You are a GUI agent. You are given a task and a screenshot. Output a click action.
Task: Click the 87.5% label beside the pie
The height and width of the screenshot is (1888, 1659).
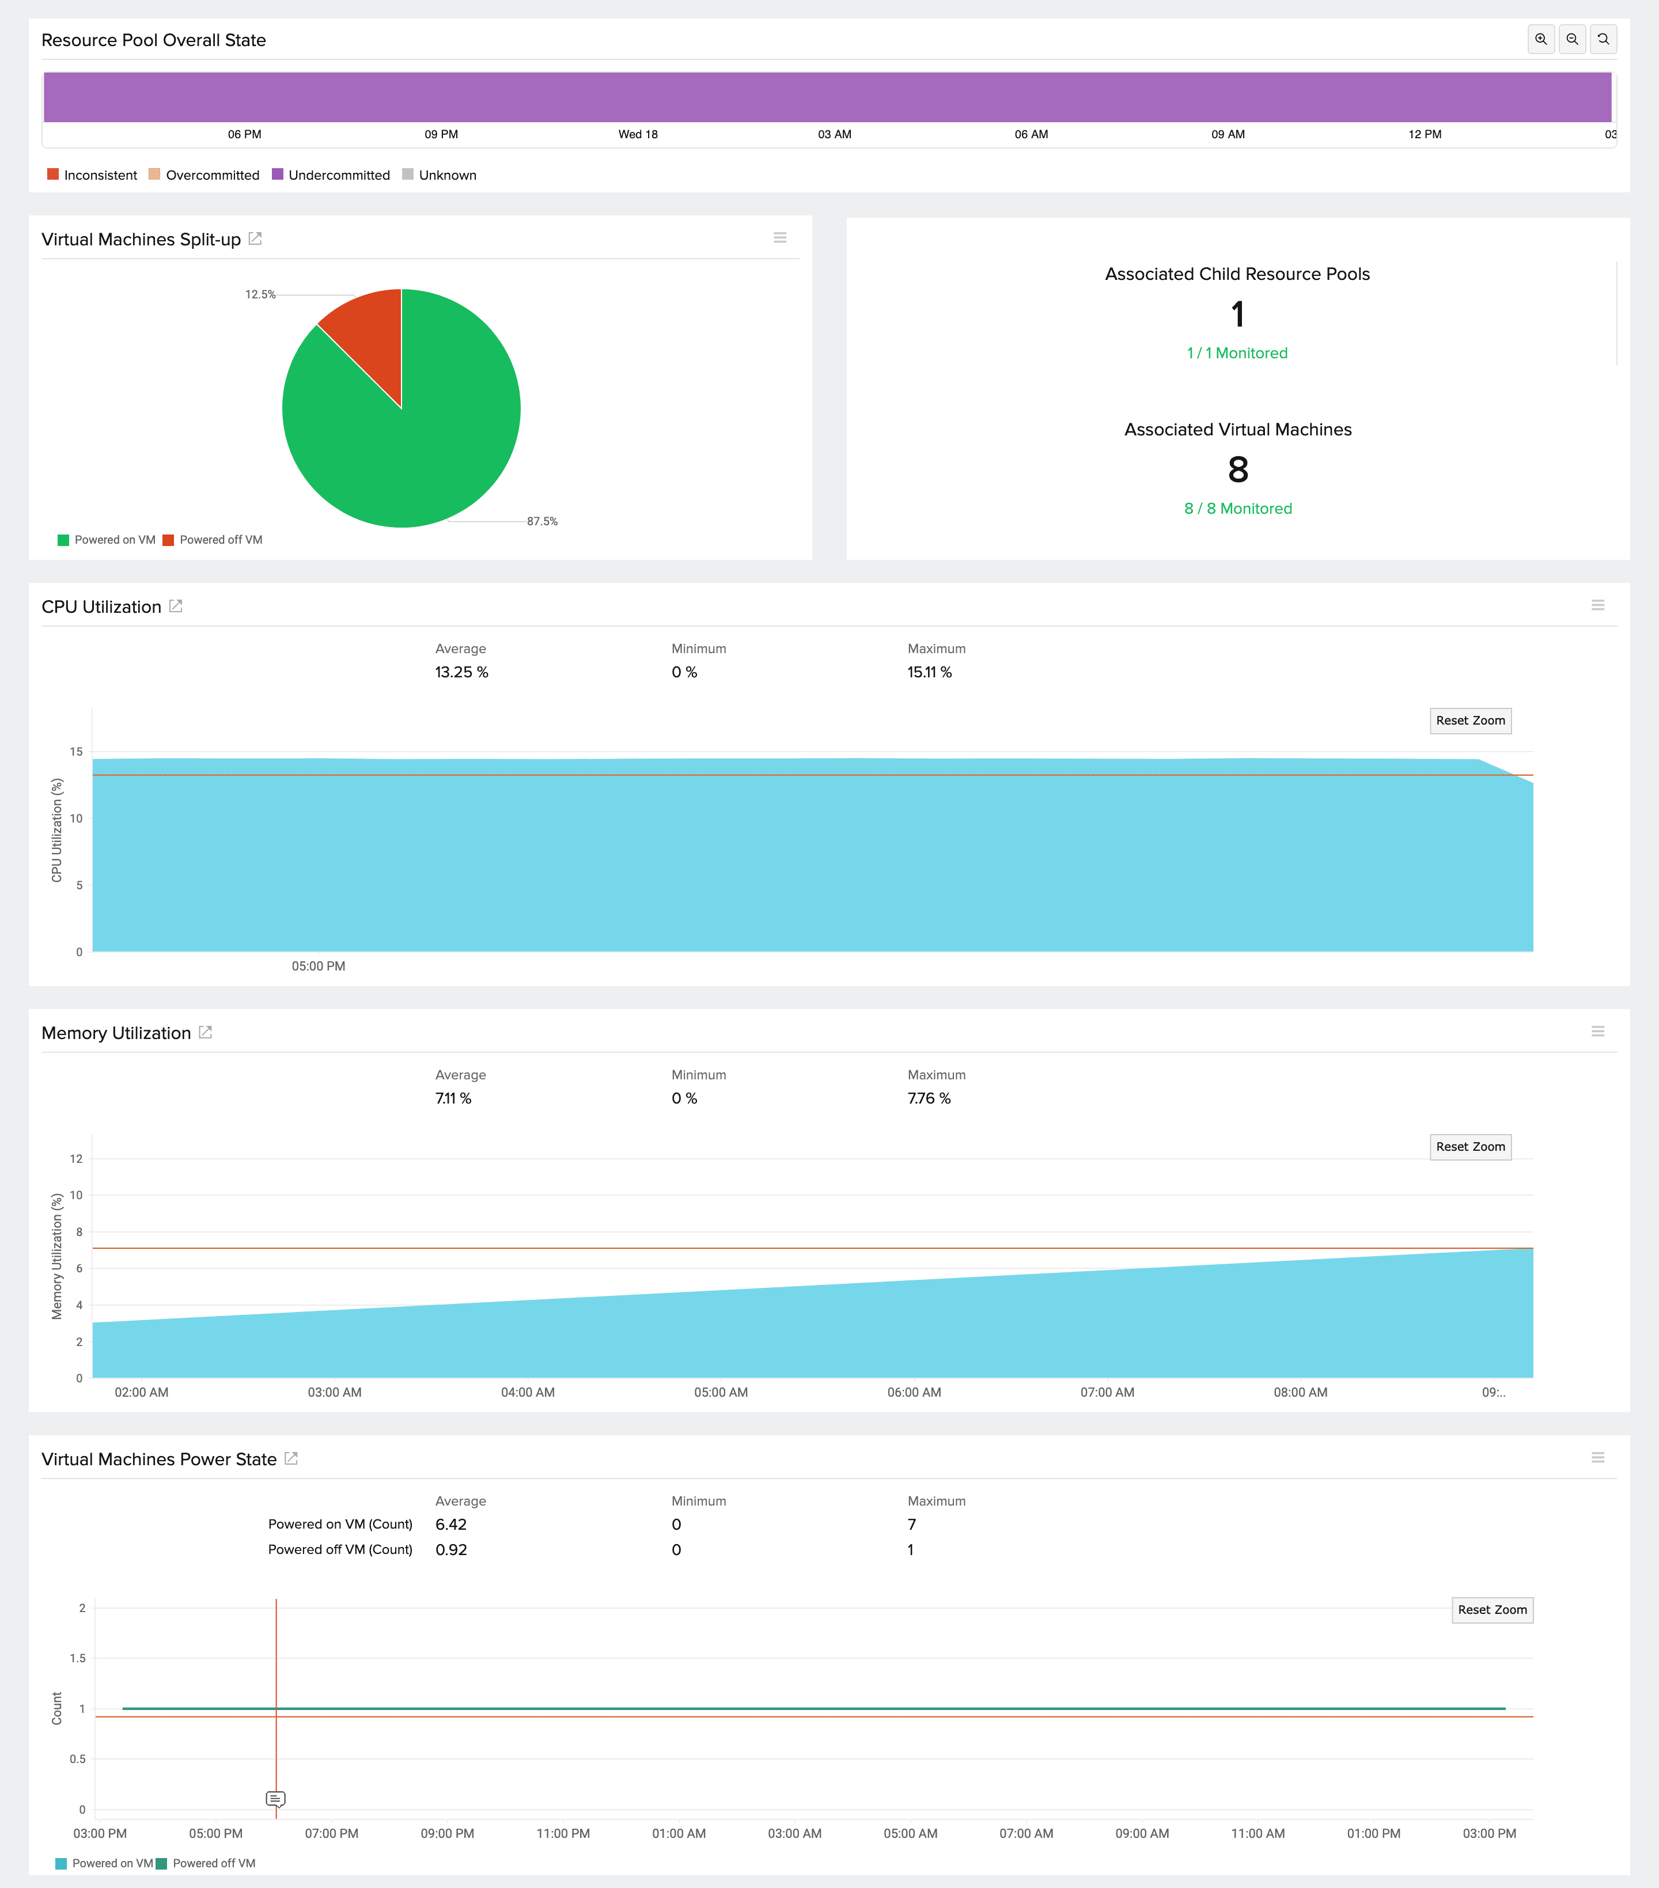click(542, 522)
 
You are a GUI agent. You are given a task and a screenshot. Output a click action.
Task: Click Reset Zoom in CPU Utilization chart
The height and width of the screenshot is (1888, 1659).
click(1469, 721)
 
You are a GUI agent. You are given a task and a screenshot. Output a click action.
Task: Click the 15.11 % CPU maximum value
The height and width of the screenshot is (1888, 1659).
click(929, 673)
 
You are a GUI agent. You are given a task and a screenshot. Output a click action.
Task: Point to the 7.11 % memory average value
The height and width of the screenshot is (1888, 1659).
click(453, 1098)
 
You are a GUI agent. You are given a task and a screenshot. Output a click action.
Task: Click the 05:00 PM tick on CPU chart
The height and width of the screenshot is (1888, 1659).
click(319, 966)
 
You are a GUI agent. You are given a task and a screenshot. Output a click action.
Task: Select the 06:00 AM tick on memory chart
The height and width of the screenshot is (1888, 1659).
click(914, 1392)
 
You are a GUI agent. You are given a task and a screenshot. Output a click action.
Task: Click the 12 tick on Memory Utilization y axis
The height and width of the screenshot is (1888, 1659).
click(75, 1159)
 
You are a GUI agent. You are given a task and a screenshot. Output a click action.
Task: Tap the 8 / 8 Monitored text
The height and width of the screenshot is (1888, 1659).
click(1238, 509)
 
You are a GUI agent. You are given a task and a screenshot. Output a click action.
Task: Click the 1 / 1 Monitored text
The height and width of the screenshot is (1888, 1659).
click(1237, 353)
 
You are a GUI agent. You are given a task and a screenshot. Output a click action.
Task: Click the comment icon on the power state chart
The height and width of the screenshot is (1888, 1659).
click(275, 1798)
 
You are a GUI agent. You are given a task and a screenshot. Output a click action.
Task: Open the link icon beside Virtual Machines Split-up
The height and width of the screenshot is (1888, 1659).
click(256, 239)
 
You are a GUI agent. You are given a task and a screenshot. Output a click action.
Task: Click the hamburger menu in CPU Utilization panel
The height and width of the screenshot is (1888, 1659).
click(1597, 605)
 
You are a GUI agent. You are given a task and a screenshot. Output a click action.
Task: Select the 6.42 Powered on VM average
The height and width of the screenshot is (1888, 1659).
click(451, 1524)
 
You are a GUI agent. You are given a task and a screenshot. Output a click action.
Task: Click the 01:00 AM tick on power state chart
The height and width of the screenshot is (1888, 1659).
click(679, 1833)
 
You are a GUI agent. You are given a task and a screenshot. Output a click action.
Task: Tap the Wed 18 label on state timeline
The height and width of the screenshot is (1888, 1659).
click(637, 135)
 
